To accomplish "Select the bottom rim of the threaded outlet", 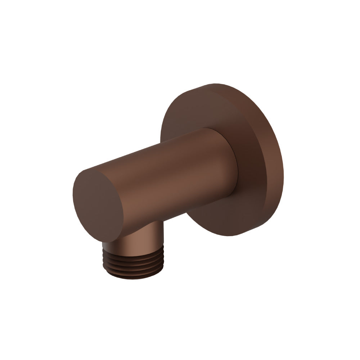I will pyautogui.click(x=134, y=279).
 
